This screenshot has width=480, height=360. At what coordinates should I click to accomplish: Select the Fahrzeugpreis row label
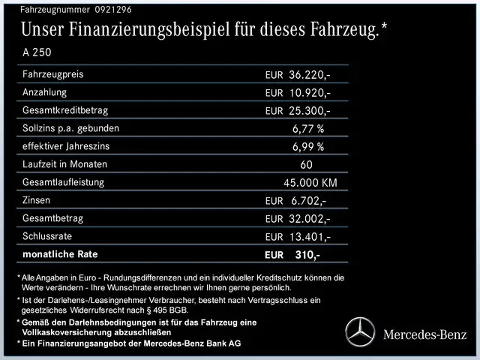(52, 74)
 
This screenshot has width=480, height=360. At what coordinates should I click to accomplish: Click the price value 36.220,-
(310, 75)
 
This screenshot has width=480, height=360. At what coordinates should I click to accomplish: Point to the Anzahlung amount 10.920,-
(310, 93)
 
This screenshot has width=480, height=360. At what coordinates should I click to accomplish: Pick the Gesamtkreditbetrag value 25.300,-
(310, 111)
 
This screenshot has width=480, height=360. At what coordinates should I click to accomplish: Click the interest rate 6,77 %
(308, 129)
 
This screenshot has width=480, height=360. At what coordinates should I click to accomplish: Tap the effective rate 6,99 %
(308, 147)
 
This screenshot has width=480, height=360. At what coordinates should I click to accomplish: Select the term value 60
(306, 164)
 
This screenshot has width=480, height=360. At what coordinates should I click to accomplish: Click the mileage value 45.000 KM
(310, 183)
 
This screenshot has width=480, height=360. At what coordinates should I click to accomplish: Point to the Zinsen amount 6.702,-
(307, 201)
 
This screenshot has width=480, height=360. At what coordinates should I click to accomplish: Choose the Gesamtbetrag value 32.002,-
(310, 219)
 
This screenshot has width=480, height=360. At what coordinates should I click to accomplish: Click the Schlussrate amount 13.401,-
(310, 237)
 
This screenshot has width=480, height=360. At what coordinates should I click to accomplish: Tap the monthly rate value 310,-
(307, 255)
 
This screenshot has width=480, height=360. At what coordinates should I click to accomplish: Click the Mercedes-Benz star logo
(359, 331)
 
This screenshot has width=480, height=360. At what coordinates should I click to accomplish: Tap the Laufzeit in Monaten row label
(65, 164)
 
